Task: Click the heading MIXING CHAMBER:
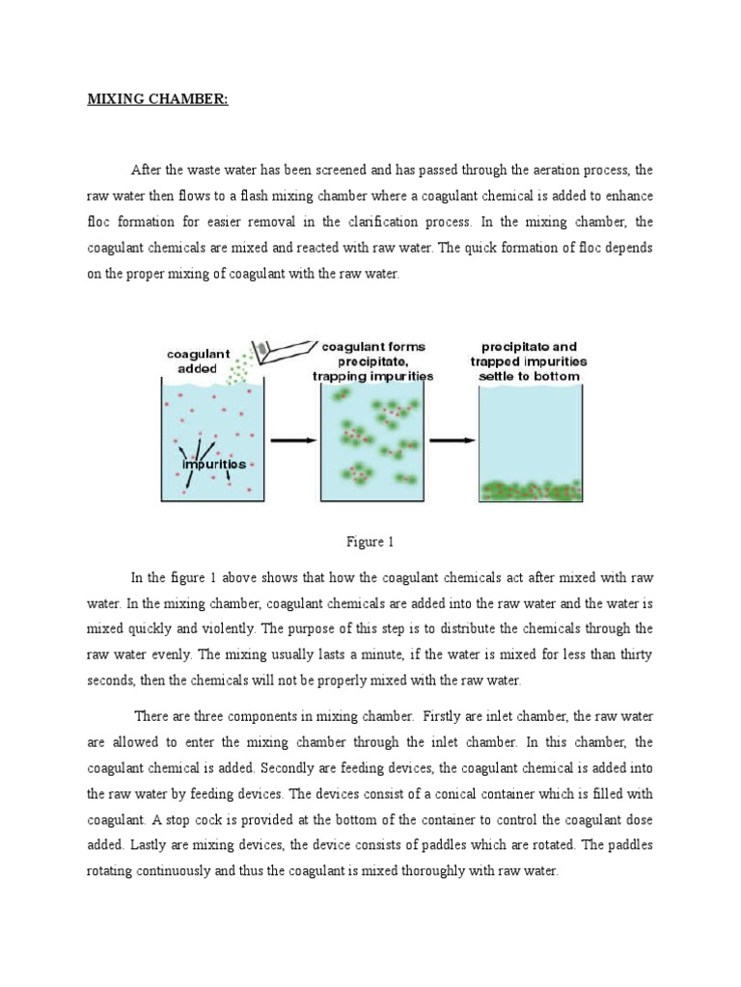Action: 158,100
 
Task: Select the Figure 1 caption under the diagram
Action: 370,542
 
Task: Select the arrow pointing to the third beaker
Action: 453,440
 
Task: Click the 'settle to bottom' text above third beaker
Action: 530,376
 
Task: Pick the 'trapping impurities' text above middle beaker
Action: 372,376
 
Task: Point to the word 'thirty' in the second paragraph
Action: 631,655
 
